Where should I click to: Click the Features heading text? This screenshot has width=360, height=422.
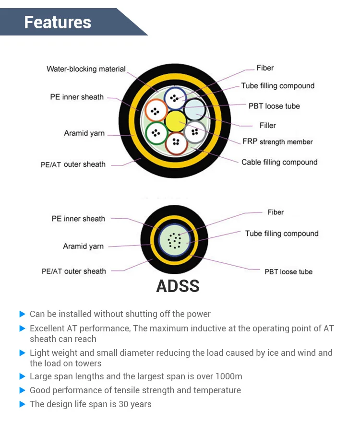(x=58, y=22)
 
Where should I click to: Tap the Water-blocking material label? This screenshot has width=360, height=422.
(x=86, y=69)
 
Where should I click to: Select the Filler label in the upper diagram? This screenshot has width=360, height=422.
(x=267, y=126)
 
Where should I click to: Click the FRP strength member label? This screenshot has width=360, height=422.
(x=277, y=141)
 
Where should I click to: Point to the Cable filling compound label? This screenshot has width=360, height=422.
(x=279, y=162)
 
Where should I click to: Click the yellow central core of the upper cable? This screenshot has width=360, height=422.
(x=175, y=121)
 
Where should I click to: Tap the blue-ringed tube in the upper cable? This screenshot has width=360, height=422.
(x=175, y=98)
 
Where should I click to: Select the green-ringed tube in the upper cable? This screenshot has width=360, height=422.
(x=156, y=133)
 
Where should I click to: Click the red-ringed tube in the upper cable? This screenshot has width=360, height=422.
(x=176, y=143)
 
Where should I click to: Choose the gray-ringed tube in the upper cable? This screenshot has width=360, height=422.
(x=195, y=132)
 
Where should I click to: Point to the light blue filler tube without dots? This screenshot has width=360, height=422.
(x=195, y=110)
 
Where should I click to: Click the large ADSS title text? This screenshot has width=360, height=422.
(x=178, y=286)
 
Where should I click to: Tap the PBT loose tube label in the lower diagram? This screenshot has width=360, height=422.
(x=288, y=271)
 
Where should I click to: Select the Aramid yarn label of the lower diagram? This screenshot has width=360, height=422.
(x=83, y=246)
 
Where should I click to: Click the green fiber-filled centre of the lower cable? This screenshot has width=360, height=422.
(x=175, y=240)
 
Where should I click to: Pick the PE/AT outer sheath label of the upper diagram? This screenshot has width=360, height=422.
(x=73, y=164)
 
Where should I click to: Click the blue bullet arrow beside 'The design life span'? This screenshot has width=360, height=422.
(x=23, y=404)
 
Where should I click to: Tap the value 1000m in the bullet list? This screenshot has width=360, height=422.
(x=229, y=376)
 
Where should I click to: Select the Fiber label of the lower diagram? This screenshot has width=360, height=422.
(x=276, y=212)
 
